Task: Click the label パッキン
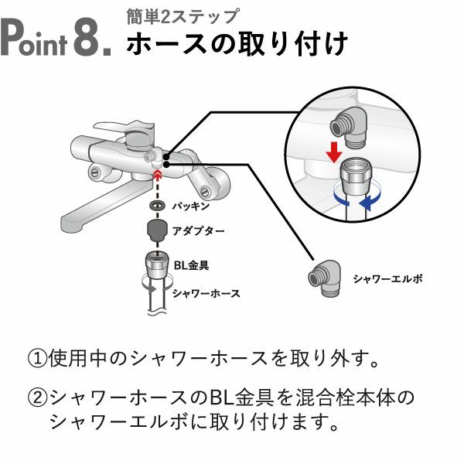point(190,206)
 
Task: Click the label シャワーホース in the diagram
point(206,293)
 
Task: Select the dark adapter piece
point(157,230)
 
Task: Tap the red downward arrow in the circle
point(333,153)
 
